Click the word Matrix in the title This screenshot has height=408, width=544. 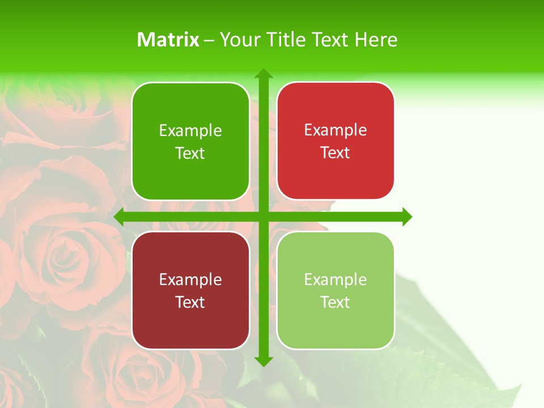(168, 40)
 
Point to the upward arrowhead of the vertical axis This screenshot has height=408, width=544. (263, 73)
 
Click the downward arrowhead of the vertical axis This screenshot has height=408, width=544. (263, 362)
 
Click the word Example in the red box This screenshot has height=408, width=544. (335, 130)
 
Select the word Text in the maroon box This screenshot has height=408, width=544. (190, 302)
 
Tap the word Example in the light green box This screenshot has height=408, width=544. (335, 279)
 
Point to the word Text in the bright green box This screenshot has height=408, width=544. (190, 153)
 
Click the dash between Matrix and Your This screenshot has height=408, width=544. (209, 40)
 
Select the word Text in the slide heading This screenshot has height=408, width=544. (329, 40)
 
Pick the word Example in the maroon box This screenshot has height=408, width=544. (190, 279)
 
